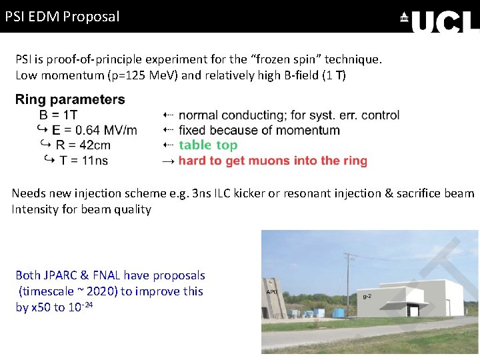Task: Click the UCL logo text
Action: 445,21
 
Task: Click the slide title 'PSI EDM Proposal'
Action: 62,16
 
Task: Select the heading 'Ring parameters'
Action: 70,100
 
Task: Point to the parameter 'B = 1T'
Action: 58,115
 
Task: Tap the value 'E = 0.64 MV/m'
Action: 94,130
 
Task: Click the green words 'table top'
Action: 208,145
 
